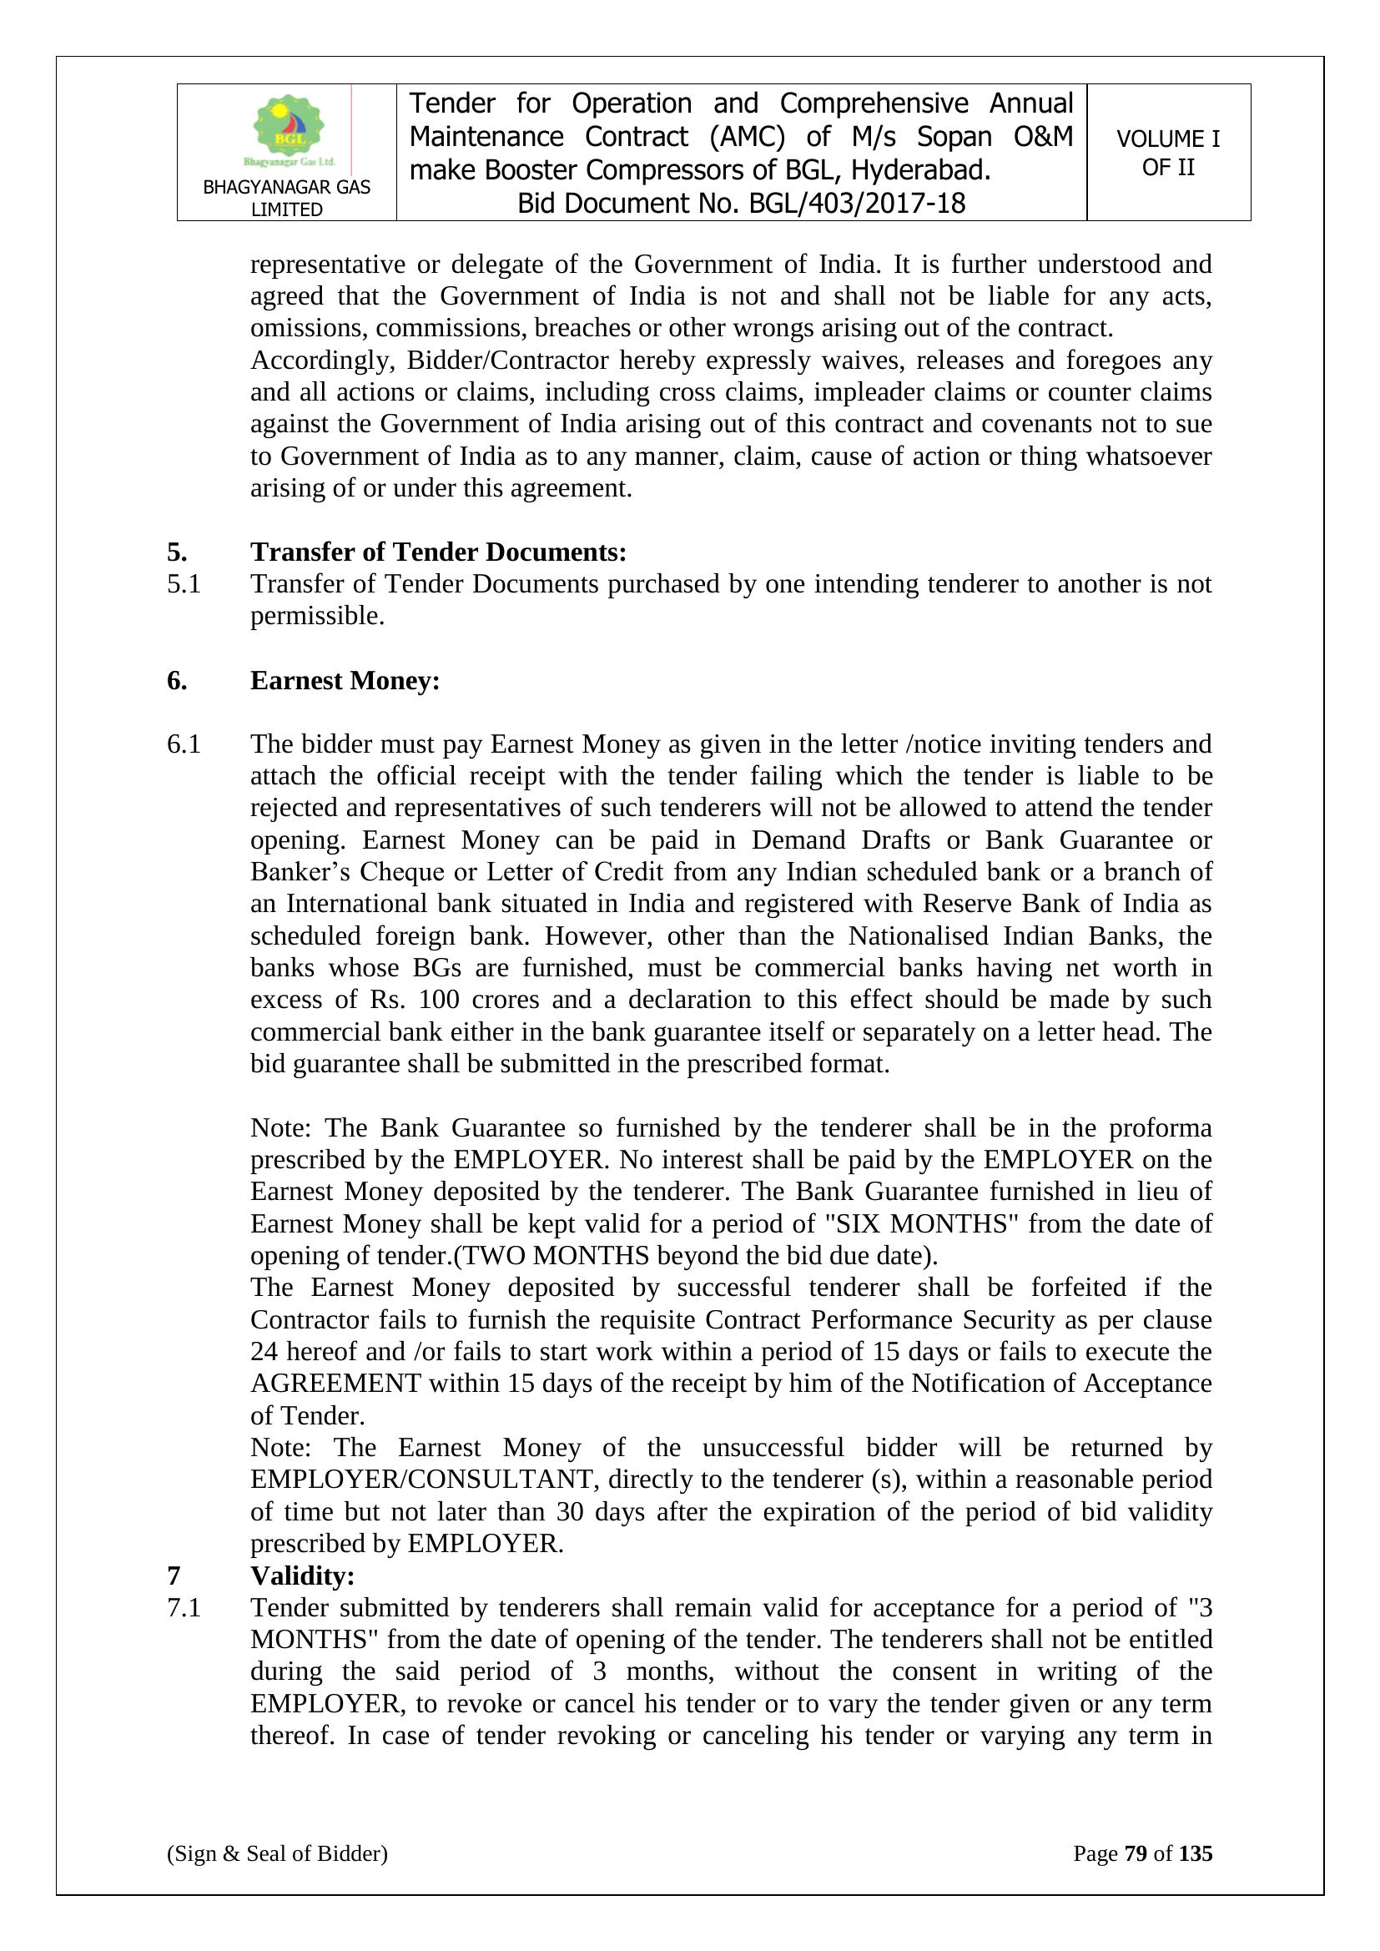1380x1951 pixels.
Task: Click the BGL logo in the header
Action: [288, 130]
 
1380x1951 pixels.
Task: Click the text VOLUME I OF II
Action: [1167, 153]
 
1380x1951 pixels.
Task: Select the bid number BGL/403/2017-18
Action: [857, 204]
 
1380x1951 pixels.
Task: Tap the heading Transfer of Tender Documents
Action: [438, 552]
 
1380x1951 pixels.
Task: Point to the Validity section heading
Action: [302, 1575]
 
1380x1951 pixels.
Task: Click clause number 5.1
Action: [184, 584]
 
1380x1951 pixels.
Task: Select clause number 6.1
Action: [184, 744]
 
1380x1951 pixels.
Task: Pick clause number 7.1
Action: [184, 1608]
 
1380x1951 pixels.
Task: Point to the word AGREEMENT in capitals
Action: [335, 1384]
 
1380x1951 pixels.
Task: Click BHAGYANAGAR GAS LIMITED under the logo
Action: [286, 198]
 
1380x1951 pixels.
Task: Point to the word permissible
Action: [317, 616]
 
